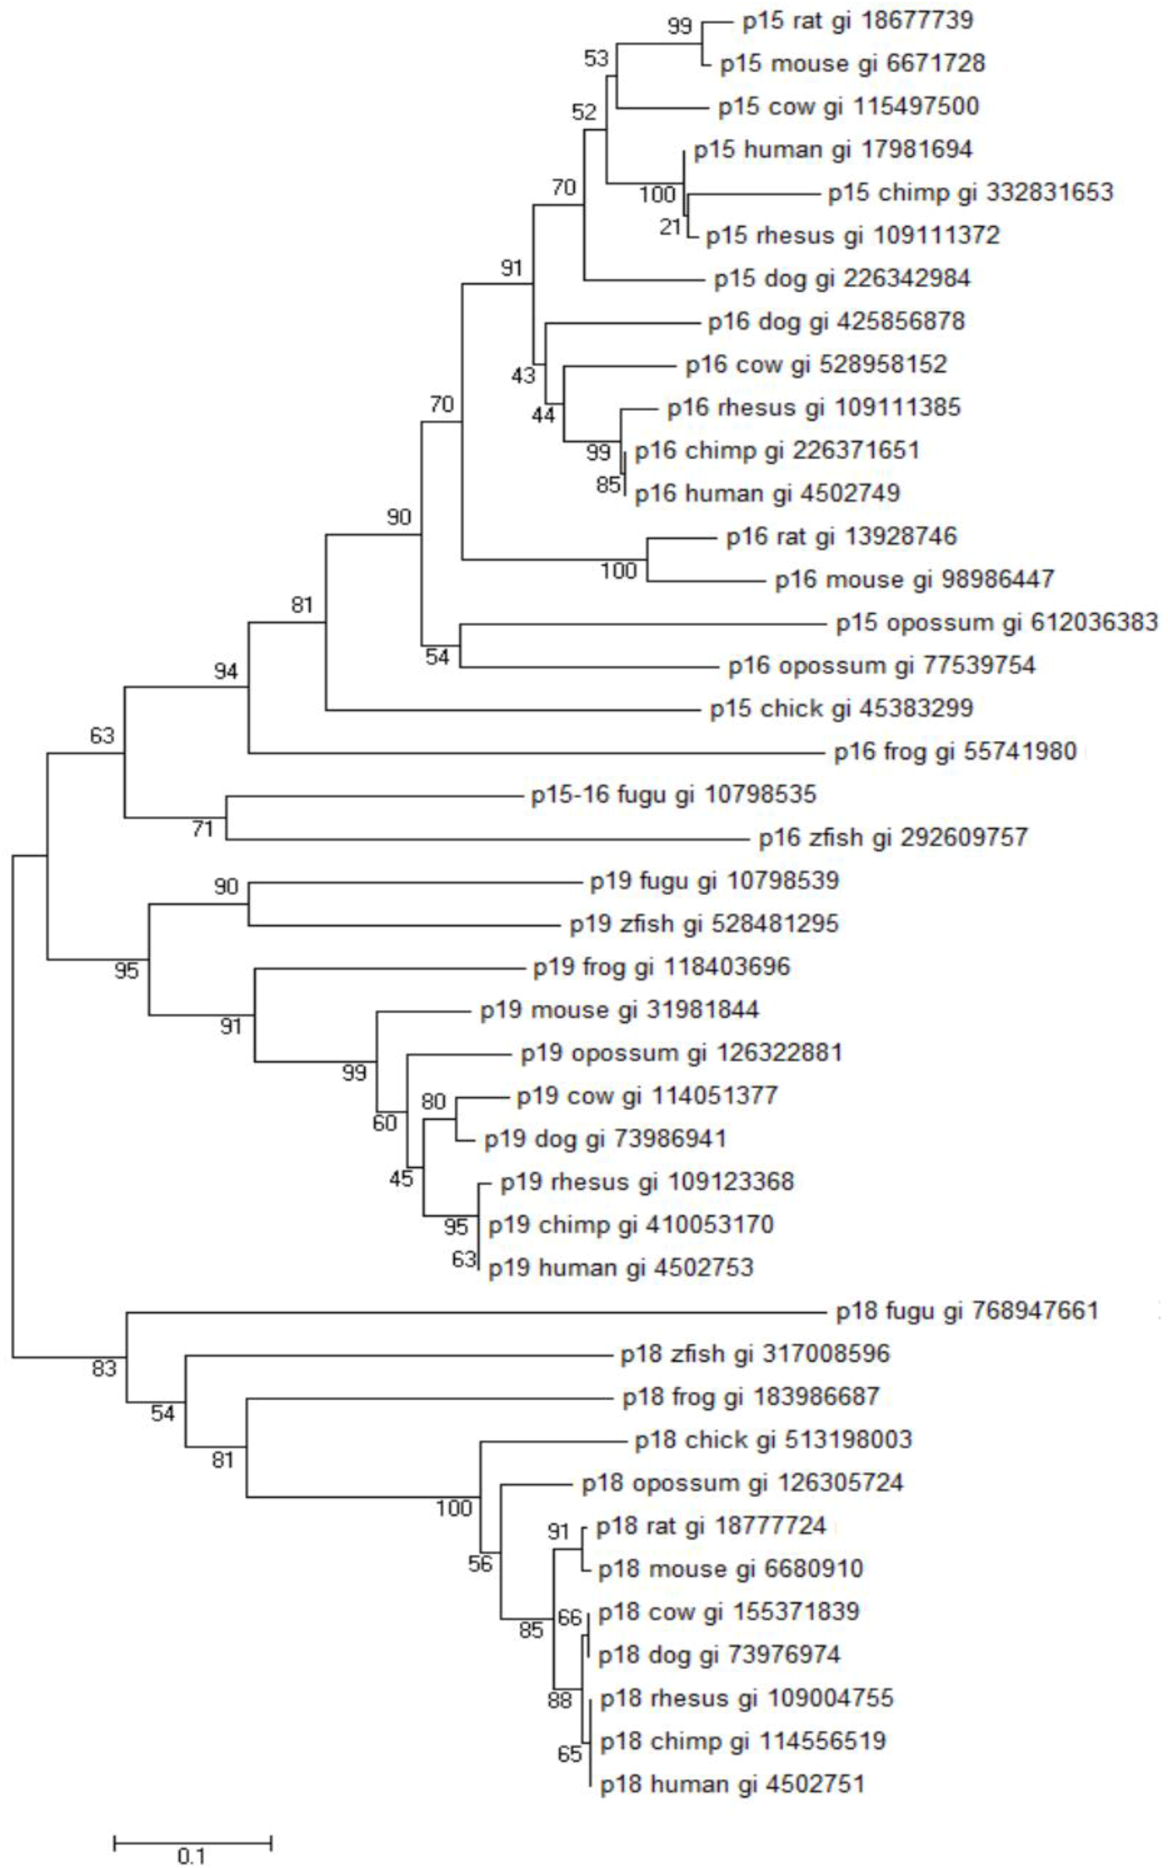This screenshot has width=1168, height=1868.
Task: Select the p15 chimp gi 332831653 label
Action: click(970, 192)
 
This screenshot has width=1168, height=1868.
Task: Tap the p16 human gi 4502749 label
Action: click(767, 493)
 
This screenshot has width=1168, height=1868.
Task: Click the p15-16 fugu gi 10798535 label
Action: click(674, 794)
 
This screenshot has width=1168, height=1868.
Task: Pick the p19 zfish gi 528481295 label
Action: click(704, 924)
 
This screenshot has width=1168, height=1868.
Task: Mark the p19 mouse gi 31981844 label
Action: click(620, 1010)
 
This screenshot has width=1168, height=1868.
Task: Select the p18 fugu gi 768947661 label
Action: click(967, 1311)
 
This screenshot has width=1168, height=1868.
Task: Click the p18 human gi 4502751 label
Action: click(733, 1785)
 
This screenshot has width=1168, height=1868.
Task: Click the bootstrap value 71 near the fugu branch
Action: click(202, 830)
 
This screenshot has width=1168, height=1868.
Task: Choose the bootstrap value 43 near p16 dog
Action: click(523, 375)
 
